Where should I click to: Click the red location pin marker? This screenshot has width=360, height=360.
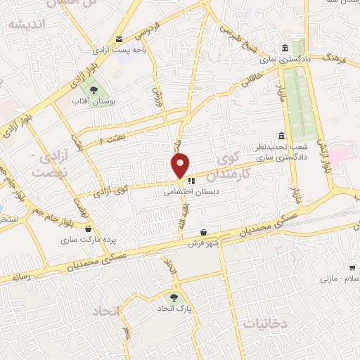(180, 166)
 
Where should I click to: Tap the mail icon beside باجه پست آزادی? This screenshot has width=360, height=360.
(120, 39)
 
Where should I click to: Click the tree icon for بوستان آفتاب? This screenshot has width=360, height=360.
(93, 89)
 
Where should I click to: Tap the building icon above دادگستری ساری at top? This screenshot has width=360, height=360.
(284, 49)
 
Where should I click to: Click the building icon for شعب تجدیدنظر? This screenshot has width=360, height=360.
(282, 135)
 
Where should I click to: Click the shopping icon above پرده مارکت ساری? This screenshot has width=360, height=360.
(88, 228)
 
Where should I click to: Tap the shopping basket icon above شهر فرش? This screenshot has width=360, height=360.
(203, 232)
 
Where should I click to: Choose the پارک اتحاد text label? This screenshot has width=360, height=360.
(174, 309)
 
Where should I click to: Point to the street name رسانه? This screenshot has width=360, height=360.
(20, 277)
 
